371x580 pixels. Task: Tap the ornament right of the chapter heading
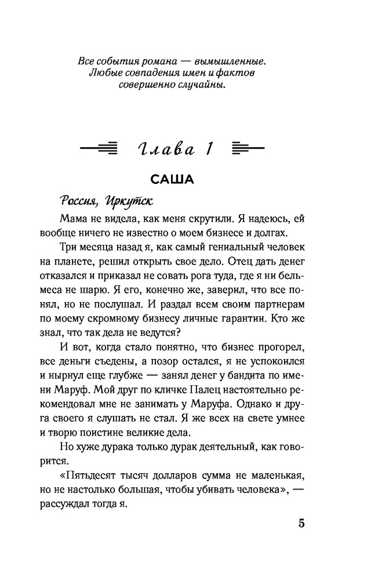click(x=248, y=149)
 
